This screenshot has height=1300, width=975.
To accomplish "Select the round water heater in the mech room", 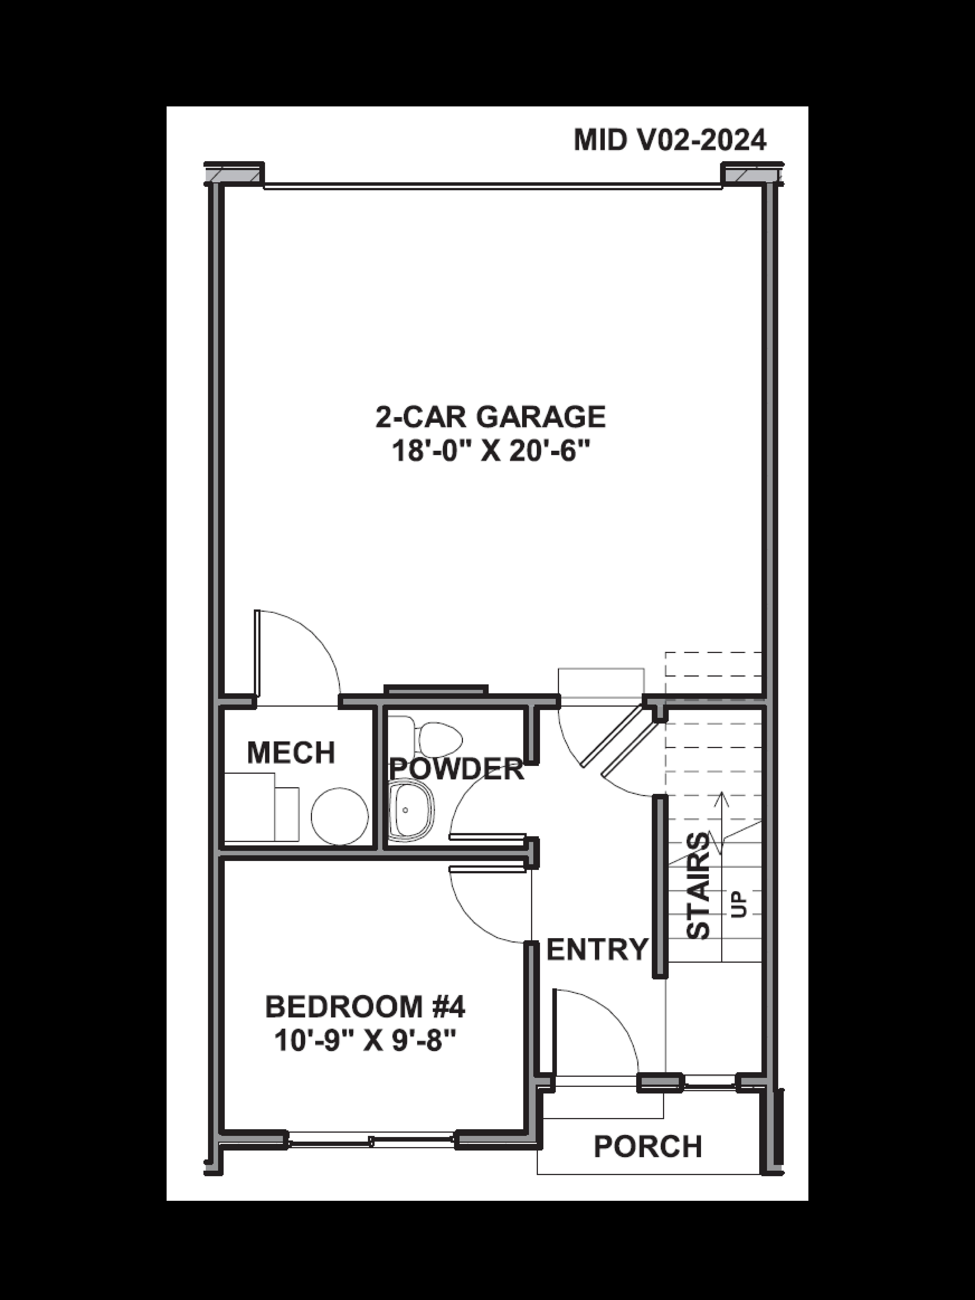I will [340, 816].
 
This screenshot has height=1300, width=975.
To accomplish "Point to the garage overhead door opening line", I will [493, 187].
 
